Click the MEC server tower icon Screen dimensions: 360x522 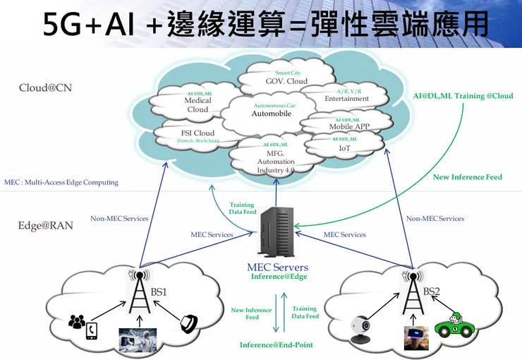[x=277, y=232]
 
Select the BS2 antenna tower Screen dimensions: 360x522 [x=411, y=295]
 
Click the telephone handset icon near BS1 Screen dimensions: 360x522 [x=188, y=323]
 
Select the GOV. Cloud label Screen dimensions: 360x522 [x=286, y=81]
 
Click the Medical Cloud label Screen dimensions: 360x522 [x=198, y=105]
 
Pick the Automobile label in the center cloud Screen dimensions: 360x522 [x=271, y=113]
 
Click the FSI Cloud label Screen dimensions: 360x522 [x=198, y=133]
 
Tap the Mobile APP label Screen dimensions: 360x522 [x=349, y=127]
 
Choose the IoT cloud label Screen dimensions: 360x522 [x=344, y=148]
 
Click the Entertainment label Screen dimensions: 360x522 [x=346, y=99]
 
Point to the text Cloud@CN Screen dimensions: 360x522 [x=45, y=88]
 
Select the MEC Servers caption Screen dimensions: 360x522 [x=277, y=268]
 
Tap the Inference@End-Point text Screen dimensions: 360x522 [x=276, y=344]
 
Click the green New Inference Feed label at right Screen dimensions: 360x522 [x=467, y=177]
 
